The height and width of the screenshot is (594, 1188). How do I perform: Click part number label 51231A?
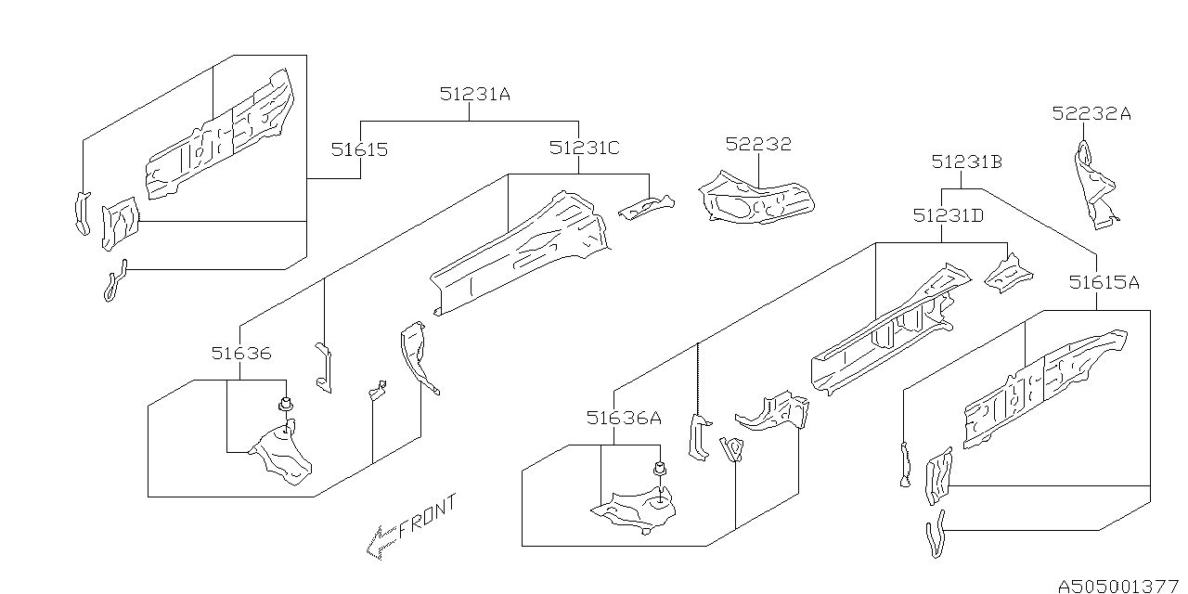click(x=475, y=94)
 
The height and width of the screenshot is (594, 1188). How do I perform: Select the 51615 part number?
click(x=360, y=149)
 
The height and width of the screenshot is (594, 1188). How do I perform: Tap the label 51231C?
click(x=584, y=148)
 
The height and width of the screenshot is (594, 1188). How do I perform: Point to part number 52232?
click(x=758, y=144)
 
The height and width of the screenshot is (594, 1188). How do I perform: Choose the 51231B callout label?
click(x=967, y=162)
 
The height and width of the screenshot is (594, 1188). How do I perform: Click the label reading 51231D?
click(x=948, y=215)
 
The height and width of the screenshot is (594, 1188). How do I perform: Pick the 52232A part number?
click(x=1091, y=114)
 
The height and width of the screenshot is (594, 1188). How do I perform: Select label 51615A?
click(x=1103, y=282)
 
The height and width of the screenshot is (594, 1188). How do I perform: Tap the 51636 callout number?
click(x=240, y=354)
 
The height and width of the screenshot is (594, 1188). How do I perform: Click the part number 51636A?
click(x=623, y=419)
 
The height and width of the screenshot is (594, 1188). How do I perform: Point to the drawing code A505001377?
click(x=1118, y=585)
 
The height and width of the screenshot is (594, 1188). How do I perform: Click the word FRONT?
click(x=429, y=517)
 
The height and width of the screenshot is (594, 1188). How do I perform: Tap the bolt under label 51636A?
click(x=660, y=470)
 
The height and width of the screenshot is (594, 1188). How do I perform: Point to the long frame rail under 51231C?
click(x=520, y=251)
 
